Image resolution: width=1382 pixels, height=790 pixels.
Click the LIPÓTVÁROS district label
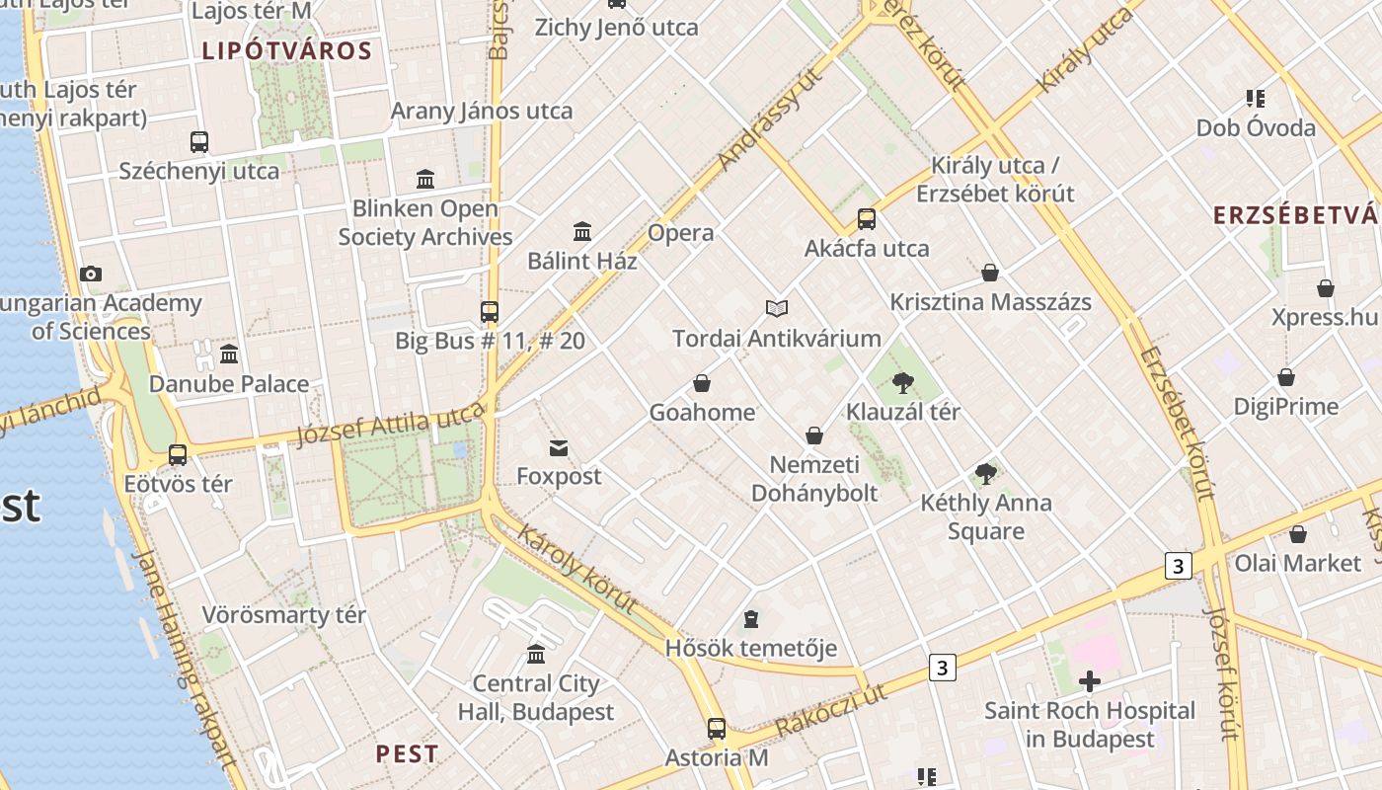click(287, 51)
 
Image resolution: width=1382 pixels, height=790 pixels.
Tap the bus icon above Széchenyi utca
click(199, 142)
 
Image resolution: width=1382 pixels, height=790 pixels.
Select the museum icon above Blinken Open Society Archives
click(425, 180)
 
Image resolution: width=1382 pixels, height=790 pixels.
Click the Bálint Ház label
click(582, 262)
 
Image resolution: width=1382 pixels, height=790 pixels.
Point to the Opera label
click(680, 233)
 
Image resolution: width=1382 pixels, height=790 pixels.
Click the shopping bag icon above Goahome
click(702, 383)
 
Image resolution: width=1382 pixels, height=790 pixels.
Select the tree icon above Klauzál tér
click(902, 383)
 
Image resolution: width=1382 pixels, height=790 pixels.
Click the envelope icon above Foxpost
click(559, 448)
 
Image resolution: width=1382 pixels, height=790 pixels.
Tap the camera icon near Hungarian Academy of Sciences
click(91, 275)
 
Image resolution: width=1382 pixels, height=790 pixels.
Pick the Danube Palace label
click(229, 384)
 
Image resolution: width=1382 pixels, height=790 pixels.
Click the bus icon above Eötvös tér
click(178, 455)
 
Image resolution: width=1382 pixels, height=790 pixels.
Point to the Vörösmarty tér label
click(284, 615)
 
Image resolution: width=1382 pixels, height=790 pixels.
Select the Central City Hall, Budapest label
click(536, 697)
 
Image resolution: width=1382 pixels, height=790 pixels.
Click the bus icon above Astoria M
click(717, 730)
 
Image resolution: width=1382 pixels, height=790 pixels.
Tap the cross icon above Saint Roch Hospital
click(1090, 681)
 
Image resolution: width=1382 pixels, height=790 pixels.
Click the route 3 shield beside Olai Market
click(1178, 566)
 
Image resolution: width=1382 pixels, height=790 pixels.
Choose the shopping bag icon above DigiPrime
click(1286, 378)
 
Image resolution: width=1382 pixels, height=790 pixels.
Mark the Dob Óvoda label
click(1256, 128)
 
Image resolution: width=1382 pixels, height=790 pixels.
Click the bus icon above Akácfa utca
click(867, 219)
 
